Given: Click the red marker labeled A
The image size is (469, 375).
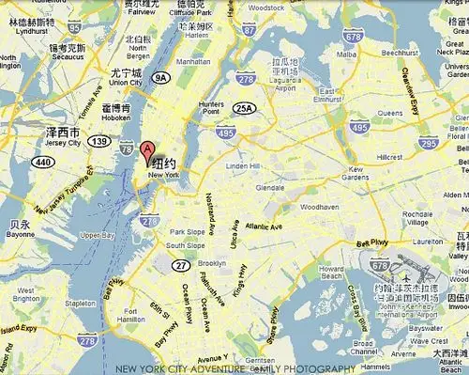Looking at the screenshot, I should point(147,150).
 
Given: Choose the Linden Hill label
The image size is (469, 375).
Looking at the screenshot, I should point(241,166).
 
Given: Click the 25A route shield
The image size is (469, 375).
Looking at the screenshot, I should point(244,108).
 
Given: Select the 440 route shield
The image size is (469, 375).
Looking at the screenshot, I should point(44,162).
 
